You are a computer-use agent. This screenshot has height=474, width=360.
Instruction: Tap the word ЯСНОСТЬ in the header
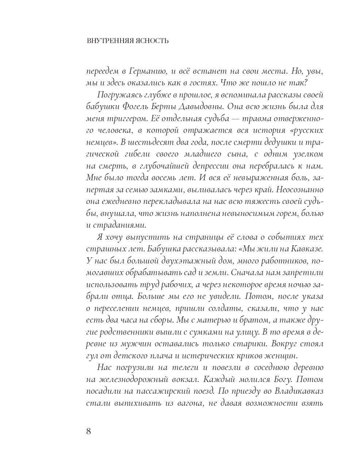pos(152,41)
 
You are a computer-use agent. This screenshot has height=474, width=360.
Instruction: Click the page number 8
pos(89,431)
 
